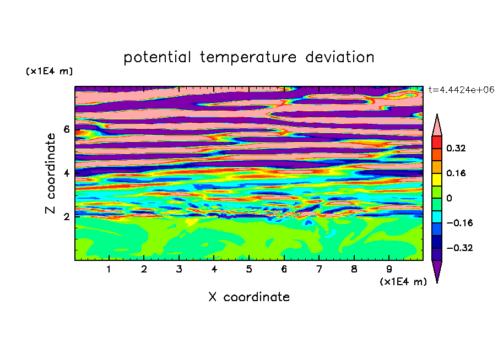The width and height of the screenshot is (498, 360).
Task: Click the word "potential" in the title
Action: (x=157, y=57)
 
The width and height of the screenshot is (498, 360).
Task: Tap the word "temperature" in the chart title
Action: (x=248, y=57)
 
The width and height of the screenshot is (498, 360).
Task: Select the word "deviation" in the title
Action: (x=340, y=57)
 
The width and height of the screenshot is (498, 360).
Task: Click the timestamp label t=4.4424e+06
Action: (x=461, y=90)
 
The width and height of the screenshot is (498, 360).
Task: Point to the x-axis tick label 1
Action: (x=109, y=269)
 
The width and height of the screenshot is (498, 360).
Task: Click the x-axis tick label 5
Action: (x=249, y=269)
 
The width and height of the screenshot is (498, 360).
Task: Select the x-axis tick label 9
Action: (x=389, y=269)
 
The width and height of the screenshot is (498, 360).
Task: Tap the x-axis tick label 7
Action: (x=319, y=269)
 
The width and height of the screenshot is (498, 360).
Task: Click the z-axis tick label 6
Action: (x=66, y=129)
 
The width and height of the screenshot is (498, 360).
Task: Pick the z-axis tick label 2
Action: (x=66, y=217)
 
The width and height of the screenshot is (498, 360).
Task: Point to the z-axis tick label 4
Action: (x=66, y=173)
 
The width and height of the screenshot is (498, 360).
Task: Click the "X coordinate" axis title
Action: (x=249, y=297)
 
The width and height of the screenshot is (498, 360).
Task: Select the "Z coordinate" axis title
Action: (x=50, y=173)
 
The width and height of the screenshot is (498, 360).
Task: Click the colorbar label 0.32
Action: (x=456, y=148)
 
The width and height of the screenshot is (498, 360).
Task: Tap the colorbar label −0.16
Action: (x=459, y=223)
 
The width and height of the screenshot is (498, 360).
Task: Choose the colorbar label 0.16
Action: (x=456, y=173)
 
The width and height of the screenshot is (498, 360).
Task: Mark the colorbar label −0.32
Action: (x=459, y=248)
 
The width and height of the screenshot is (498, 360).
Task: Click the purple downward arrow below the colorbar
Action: (x=437, y=270)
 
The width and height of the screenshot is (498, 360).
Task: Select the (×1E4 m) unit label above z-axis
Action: (x=49, y=71)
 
